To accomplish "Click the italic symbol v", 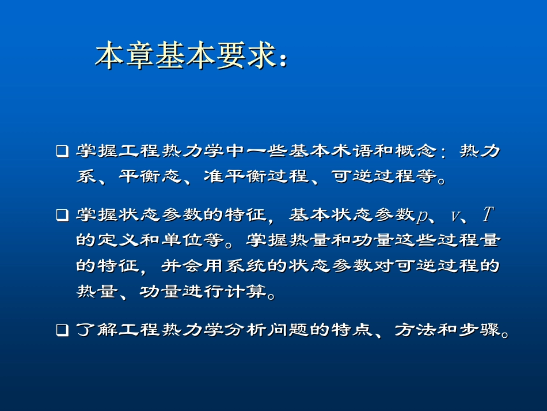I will tap(455, 217).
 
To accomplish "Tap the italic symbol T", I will tap(487, 215).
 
